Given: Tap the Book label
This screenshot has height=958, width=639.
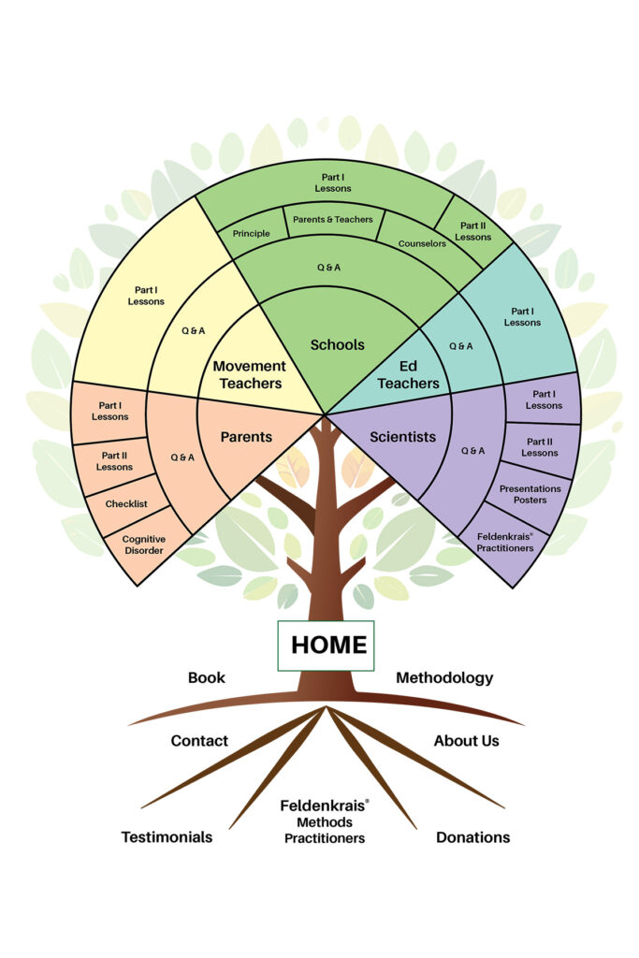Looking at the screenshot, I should (x=206, y=677).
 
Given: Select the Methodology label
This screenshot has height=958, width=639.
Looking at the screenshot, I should (x=444, y=677).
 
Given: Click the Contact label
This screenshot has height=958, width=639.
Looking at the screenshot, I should (x=199, y=740).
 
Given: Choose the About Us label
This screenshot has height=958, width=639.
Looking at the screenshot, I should (x=466, y=740).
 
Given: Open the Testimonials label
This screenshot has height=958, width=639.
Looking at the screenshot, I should (x=167, y=836).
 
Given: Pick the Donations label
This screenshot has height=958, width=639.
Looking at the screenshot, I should (x=472, y=836).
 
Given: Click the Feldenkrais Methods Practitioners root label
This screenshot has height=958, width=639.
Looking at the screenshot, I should (x=325, y=821).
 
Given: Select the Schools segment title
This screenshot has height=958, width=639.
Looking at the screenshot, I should (x=338, y=344).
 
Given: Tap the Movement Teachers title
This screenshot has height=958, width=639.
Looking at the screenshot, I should (x=247, y=374).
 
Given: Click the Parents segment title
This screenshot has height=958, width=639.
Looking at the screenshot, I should (x=246, y=436).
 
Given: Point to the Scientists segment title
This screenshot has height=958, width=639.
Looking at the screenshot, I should (x=402, y=436).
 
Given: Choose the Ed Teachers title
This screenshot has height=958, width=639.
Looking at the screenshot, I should (x=408, y=374).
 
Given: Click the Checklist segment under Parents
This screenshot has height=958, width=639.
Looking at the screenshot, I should (x=126, y=503).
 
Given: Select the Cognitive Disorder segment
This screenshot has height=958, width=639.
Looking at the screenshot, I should (x=143, y=544).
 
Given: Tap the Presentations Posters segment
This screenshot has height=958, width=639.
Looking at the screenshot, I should (x=530, y=494).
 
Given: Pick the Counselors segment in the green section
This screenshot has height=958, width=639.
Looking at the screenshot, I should (x=422, y=243).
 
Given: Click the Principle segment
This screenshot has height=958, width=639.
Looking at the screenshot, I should (x=252, y=234).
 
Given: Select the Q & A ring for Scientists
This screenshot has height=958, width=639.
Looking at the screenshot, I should (x=473, y=450).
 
